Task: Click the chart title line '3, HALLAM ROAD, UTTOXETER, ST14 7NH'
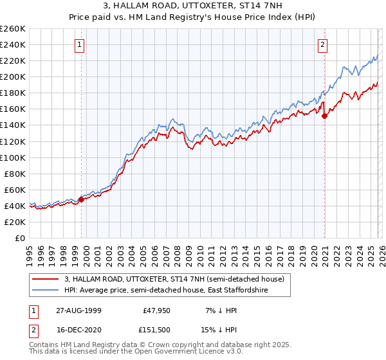pyautogui.click(x=192, y=7)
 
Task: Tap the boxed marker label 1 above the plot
pyautogui.click(x=79, y=44)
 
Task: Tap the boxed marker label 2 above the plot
pyautogui.click(x=322, y=44)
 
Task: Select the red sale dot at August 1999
pyautogui.click(x=82, y=199)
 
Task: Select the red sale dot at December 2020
pyautogui.click(x=325, y=116)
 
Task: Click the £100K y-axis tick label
pyautogui.click(x=13, y=157)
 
